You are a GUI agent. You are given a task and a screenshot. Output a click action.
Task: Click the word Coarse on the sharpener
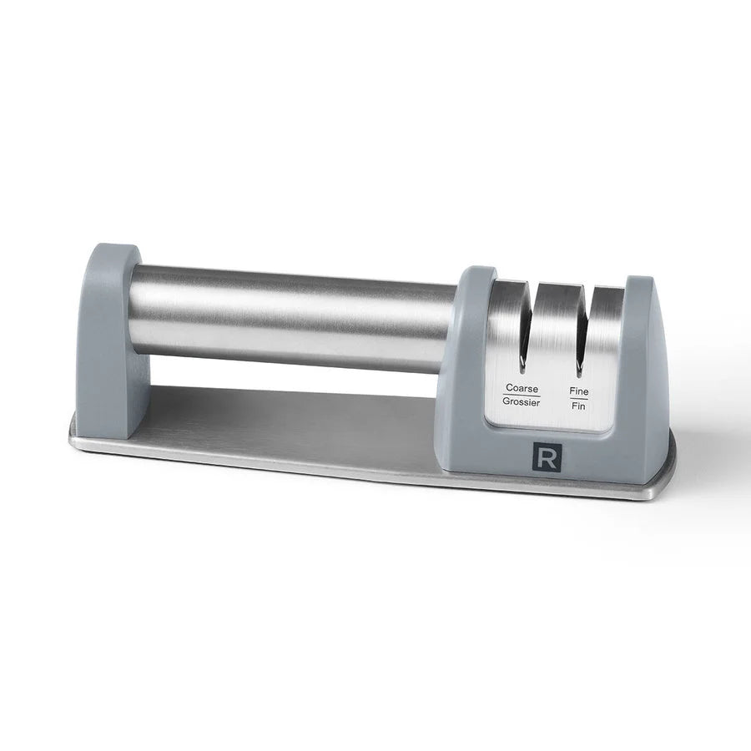pyautogui.click(x=522, y=388)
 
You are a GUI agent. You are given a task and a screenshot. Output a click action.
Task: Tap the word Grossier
pyautogui.click(x=522, y=403)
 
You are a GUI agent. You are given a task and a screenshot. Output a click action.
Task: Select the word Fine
pyautogui.click(x=579, y=390)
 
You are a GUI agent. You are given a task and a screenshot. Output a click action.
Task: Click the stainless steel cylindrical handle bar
pyautogui.click(x=292, y=317)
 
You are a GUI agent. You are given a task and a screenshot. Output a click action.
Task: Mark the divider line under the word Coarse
pyautogui.click(x=522, y=396)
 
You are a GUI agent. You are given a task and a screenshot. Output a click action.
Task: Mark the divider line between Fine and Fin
pyautogui.click(x=578, y=397)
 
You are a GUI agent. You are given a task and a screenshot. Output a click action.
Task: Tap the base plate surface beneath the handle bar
pyautogui.click(x=292, y=417)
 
